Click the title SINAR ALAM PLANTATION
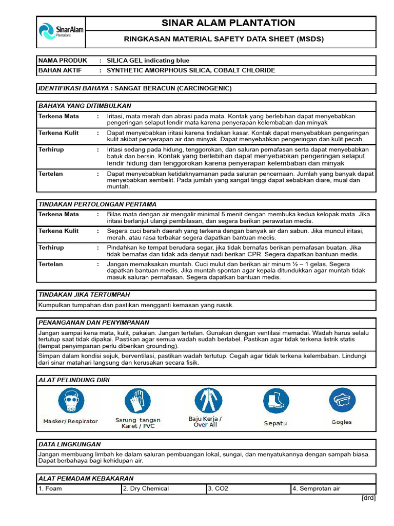click(228, 23)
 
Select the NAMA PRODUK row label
click(63, 61)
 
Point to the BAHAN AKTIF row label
click(60, 70)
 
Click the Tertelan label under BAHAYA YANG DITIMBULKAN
click(51, 174)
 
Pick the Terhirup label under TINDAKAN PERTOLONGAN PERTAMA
click(51, 248)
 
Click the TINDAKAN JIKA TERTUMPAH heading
click(84, 295)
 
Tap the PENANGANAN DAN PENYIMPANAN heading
click(94, 323)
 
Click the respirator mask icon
click(71, 401)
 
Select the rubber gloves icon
click(137, 401)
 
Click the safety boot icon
click(276, 402)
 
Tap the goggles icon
click(342, 400)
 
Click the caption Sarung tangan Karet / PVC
click(137, 423)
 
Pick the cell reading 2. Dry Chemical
click(146, 489)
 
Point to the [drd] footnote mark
click(368, 498)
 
